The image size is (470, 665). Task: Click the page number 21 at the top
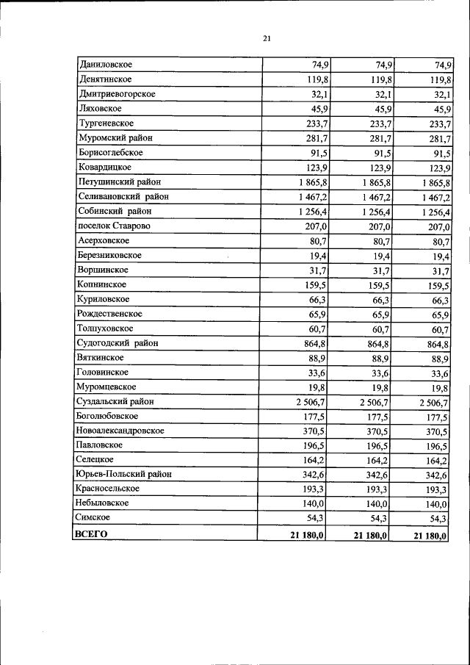click(267, 38)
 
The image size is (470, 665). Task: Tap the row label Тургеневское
click(106, 123)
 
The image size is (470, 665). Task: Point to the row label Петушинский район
click(119, 181)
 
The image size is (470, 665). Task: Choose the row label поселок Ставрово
click(114, 226)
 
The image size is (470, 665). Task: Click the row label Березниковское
click(109, 255)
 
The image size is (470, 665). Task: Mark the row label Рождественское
click(110, 314)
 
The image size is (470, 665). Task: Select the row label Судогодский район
click(117, 342)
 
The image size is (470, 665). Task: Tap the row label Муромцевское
click(106, 387)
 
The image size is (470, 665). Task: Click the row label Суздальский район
click(115, 401)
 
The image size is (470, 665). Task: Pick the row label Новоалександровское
click(120, 431)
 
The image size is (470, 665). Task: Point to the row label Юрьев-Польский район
click(123, 475)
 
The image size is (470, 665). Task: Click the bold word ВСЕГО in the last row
click(91, 534)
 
